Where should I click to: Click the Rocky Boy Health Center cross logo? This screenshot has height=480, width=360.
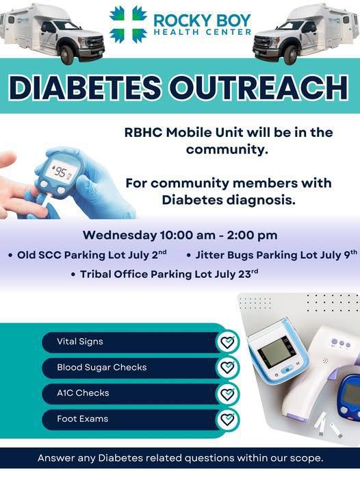coord(128,24)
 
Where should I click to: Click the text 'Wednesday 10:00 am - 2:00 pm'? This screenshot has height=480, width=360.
coord(179,236)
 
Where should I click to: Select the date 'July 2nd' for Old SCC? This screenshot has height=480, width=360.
coord(147,255)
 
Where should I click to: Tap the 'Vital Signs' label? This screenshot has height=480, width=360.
coord(80,342)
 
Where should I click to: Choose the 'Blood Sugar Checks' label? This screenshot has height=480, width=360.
coord(102,368)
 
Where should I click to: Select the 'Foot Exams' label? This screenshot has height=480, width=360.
coord(83,419)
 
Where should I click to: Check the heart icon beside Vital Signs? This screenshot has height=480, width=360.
coord(227,342)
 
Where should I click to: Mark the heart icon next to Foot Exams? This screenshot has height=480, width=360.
coord(227,419)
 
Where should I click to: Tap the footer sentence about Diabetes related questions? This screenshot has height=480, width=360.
coord(180,457)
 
